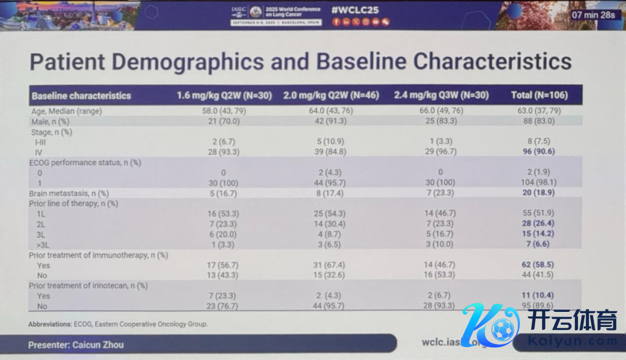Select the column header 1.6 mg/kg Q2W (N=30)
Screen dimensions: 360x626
click(x=224, y=96)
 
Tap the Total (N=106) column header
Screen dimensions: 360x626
click(x=539, y=96)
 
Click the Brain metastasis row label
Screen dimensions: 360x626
click(x=69, y=193)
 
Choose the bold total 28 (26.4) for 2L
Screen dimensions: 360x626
click(x=538, y=224)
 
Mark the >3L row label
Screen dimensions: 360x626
click(x=43, y=245)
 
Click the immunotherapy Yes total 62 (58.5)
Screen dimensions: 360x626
click(x=538, y=265)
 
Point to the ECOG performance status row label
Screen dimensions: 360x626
click(x=85, y=162)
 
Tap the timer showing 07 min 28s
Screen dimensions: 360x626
click(x=593, y=14)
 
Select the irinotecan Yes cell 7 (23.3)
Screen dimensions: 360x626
click(x=223, y=296)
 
